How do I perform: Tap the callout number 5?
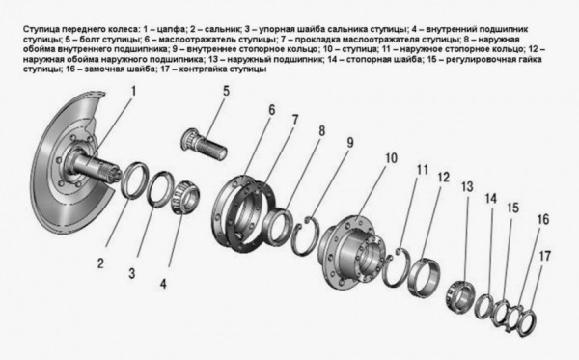click(225, 92)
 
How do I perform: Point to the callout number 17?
click(546, 256)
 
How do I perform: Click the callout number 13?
click(468, 186)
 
